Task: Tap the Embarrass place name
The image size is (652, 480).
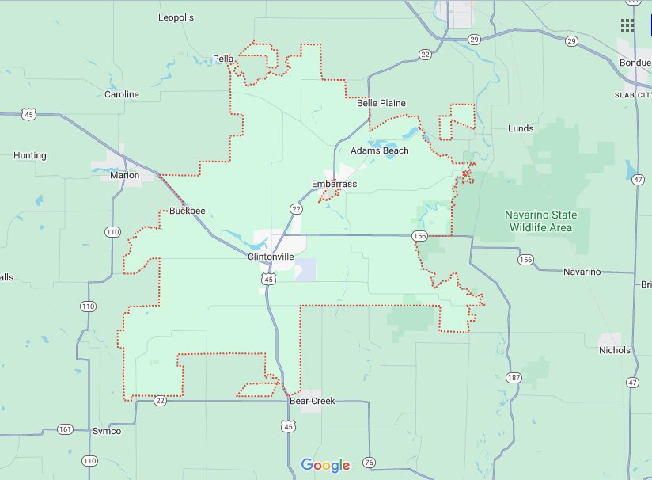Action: coord(334,184)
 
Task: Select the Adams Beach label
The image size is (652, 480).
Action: coord(380,150)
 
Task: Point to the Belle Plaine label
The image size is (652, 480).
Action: coord(381,103)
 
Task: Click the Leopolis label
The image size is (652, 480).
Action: coord(176,17)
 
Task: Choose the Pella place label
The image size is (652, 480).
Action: coord(222,58)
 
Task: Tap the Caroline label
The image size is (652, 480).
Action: coord(122,94)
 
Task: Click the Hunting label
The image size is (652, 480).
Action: coord(30,155)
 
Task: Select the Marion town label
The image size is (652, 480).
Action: coord(125,175)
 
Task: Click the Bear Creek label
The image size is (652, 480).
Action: coord(312,401)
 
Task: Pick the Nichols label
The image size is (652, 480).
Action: coord(615,350)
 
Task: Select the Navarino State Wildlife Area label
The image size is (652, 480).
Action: coord(541,221)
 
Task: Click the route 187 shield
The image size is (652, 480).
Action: coord(514,377)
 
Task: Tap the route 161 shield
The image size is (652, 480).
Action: coord(65,429)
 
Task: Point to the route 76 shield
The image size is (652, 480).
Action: coord(368,463)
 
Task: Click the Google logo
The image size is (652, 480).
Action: coord(325,465)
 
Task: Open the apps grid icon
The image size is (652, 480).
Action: coord(627,25)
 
